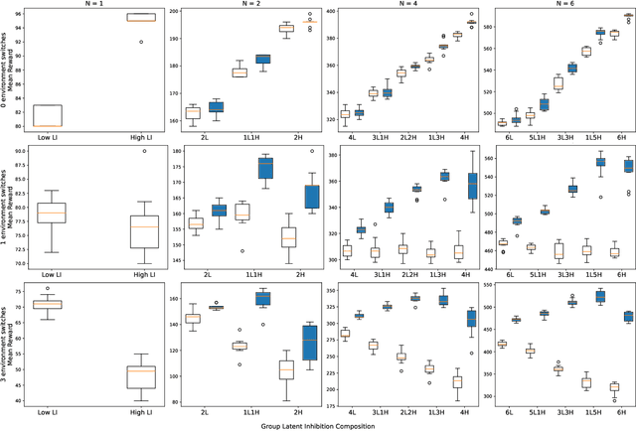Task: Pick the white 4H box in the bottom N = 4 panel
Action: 457,381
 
